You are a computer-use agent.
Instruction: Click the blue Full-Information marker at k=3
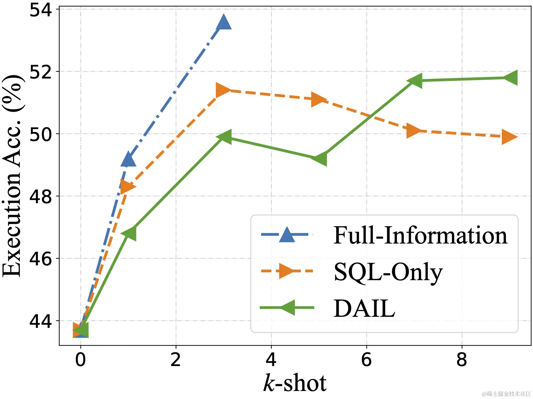point(224,22)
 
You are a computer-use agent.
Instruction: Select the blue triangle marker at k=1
point(128,159)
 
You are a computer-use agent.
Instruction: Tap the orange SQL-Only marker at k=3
point(223,90)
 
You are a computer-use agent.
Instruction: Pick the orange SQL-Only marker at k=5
point(318,99)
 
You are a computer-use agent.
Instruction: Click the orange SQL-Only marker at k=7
point(414,131)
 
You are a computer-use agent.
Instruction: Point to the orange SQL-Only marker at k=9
point(509,137)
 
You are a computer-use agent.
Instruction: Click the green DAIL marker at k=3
point(225,137)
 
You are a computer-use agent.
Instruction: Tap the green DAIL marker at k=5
point(320,159)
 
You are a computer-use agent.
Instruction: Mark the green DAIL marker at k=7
point(415,81)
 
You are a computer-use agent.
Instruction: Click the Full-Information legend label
point(420,235)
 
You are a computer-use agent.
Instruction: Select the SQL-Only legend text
point(388,272)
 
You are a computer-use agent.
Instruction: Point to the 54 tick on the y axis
point(40,10)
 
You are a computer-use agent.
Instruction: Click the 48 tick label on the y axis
point(40,196)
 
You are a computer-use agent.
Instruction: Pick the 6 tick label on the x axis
point(366,360)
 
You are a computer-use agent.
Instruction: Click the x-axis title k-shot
point(295,383)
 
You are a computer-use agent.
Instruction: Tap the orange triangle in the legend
point(286,271)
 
